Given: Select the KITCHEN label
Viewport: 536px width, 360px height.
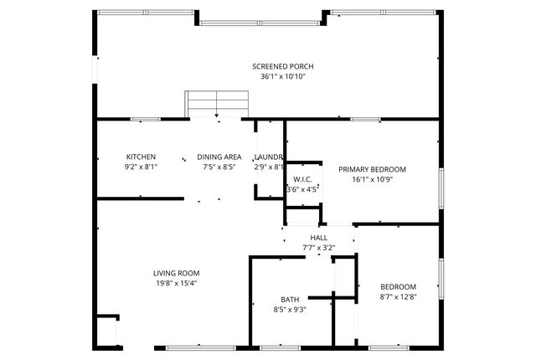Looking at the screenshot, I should (141, 157).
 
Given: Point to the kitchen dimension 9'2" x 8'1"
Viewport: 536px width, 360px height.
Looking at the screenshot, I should (141, 167).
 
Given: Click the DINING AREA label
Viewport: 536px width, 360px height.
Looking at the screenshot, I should (219, 157).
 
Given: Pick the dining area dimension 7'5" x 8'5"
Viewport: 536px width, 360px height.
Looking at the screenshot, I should (219, 167).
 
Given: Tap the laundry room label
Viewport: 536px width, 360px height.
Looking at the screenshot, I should (269, 157).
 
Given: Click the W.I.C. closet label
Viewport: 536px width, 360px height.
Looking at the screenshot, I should (302, 179).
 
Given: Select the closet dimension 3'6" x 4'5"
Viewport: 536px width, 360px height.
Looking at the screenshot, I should (302, 189).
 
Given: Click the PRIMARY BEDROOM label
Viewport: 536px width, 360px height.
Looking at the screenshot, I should (372, 168).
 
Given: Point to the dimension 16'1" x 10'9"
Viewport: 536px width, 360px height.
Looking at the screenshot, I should (372, 178).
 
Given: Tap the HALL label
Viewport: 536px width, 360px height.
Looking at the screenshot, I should (318, 238).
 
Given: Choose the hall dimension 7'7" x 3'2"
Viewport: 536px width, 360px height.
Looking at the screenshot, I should (318, 248).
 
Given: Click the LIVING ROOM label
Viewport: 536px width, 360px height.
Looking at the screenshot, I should (176, 273).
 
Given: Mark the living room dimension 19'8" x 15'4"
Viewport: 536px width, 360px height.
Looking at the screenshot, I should (176, 283).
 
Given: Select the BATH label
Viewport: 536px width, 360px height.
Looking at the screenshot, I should (290, 300).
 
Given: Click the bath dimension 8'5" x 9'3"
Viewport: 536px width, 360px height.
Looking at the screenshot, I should (290, 310).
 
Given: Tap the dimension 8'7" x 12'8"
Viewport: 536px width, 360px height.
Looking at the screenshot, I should (399, 296).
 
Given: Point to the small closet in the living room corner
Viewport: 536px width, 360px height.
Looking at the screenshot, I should (106, 330).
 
